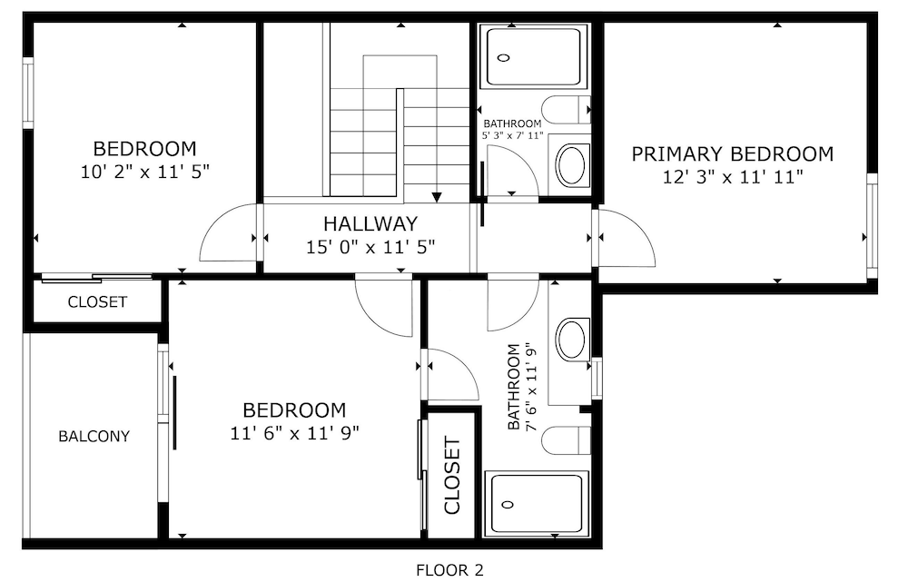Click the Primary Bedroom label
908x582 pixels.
(x=732, y=154)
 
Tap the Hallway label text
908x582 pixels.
(x=370, y=223)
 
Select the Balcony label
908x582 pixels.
(x=94, y=436)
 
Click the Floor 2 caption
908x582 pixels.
(x=449, y=570)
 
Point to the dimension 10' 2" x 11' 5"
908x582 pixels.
(x=144, y=172)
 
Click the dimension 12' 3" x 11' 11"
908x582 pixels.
(x=733, y=177)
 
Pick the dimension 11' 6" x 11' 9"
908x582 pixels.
(x=295, y=433)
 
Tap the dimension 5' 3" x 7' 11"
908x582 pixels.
(x=512, y=135)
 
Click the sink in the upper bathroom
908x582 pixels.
(x=571, y=165)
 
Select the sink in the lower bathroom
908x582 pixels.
(x=571, y=340)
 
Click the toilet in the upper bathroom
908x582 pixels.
(x=566, y=110)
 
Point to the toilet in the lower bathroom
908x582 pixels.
(x=566, y=441)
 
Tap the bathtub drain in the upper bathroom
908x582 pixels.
(x=504, y=58)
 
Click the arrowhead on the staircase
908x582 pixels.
(x=437, y=197)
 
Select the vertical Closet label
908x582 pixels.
(x=451, y=476)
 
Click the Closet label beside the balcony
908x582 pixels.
(x=97, y=301)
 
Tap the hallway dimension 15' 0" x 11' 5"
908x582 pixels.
(x=370, y=247)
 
